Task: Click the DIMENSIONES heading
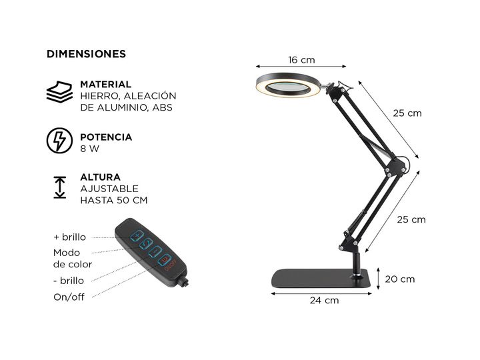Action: click(86, 54)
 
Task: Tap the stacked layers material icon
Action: click(59, 91)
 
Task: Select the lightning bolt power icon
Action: click(59, 141)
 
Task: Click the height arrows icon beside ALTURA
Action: click(59, 187)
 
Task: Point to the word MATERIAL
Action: click(105, 85)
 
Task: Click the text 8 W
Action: click(89, 149)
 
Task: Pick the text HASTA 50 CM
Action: click(113, 200)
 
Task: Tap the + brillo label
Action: click(70, 237)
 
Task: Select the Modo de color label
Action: click(72, 259)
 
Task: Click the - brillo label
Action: click(69, 281)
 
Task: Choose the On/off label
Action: click(69, 297)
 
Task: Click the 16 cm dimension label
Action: click(301, 60)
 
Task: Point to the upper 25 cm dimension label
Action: click(407, 113)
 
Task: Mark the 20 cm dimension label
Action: click(399, 279)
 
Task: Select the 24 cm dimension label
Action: click(324, 301)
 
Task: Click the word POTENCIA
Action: click(106, 137)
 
